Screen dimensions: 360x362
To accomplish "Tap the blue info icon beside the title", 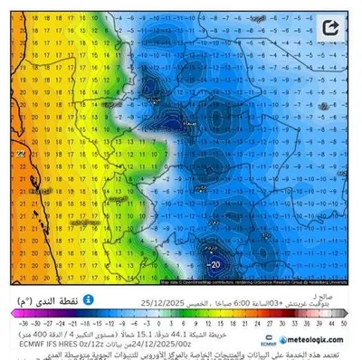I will (89, 299).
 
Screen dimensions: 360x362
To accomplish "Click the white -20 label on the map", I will (214, 264).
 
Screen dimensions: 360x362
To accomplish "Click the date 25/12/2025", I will (161, 303).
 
